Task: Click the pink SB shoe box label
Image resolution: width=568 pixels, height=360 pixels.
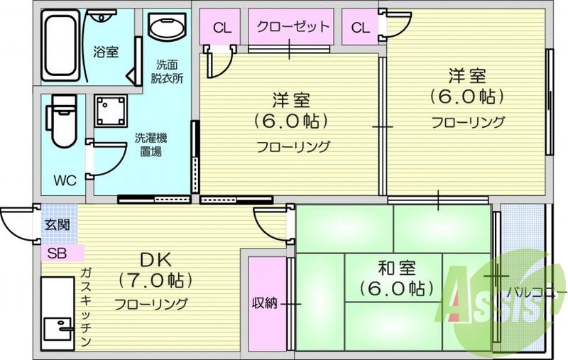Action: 58,252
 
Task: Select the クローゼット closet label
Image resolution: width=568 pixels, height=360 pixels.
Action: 289,28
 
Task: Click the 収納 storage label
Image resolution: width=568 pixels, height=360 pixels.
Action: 265,303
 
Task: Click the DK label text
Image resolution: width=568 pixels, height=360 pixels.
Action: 155,259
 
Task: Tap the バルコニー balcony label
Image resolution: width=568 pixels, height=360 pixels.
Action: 535,292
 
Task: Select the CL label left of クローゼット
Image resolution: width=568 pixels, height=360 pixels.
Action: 222,28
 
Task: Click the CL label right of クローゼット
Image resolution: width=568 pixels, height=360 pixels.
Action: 361,28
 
